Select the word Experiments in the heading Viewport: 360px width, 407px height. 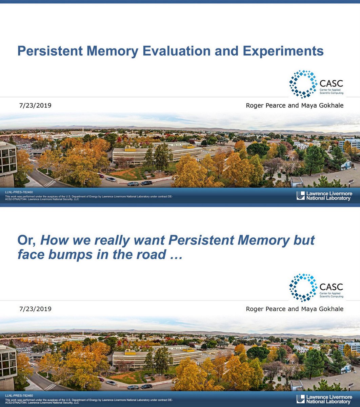[x=283, y=51]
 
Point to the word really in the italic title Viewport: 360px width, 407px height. [x=112, y=240]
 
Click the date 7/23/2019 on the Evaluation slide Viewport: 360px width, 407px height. [x=35, y=105]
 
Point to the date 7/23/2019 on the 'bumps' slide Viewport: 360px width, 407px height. [x=35, y=309]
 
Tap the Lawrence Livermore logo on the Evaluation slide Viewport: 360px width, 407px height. [x=324, y=196]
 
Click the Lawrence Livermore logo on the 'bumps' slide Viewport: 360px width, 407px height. [x=324, y=399]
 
